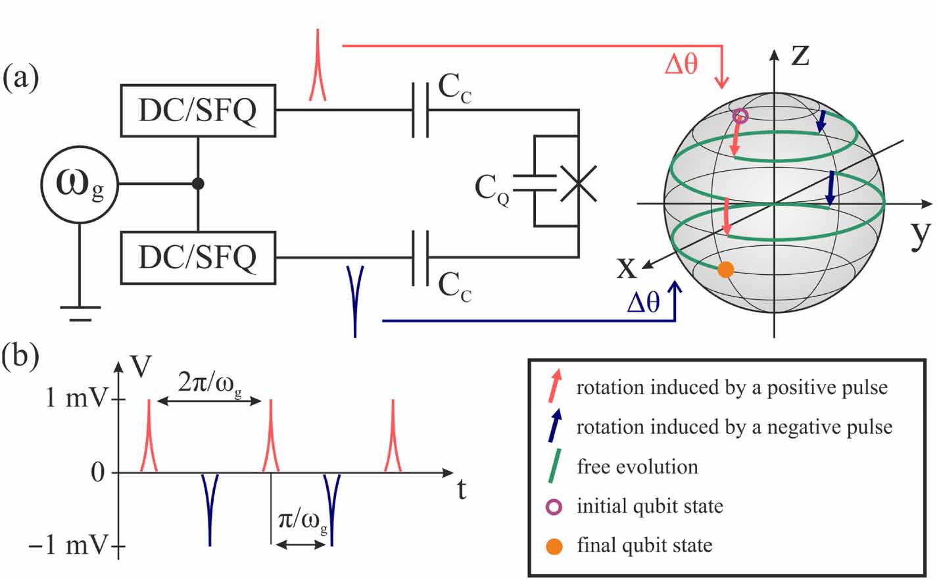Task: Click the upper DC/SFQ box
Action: [197, 110]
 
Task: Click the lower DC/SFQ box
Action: [197, 258]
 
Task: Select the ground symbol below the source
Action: [80, 312]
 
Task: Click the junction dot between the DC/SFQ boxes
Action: [198, 185]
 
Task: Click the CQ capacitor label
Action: [492, 189]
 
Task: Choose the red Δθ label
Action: [681, 64]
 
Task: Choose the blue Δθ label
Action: [643, 302]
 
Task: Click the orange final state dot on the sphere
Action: [725, 270]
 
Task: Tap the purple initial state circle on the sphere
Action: [740, 117]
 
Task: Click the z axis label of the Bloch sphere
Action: [800, 54]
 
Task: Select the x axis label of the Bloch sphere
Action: [627, 267]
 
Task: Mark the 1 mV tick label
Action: [76, 398]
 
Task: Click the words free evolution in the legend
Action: [637, 467]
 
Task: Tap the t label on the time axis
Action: [462, 489]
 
